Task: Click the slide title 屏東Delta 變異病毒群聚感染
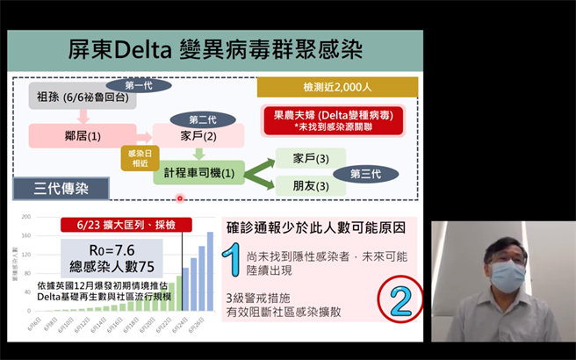215,49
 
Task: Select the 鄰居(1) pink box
83,136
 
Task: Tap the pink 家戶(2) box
198,136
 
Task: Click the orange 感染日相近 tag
137,158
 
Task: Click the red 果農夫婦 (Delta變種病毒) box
333,120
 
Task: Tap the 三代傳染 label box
61,188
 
